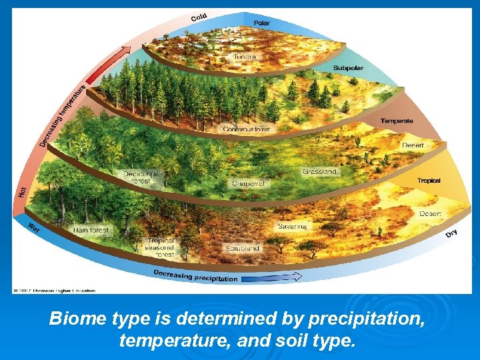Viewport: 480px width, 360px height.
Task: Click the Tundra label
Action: [244, 57]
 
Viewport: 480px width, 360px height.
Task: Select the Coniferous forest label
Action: [247, 129]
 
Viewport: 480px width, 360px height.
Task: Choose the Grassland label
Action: [319, 172]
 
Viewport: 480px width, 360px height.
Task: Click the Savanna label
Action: [292, 227]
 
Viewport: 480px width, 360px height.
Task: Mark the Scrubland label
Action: [242, 248]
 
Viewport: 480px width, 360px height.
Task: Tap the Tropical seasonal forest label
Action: [160, 248]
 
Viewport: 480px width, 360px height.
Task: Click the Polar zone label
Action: [262, 23]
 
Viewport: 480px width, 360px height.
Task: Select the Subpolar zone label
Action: [348, 68]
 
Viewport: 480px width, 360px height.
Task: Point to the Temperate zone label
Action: [397, 121]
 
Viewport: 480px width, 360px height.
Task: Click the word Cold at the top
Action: [199, 17]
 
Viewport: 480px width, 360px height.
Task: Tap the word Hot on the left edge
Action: [22, 191]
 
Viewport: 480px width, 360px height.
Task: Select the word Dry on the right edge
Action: [451, 233]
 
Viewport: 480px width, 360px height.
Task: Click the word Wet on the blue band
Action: [33, 227]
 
